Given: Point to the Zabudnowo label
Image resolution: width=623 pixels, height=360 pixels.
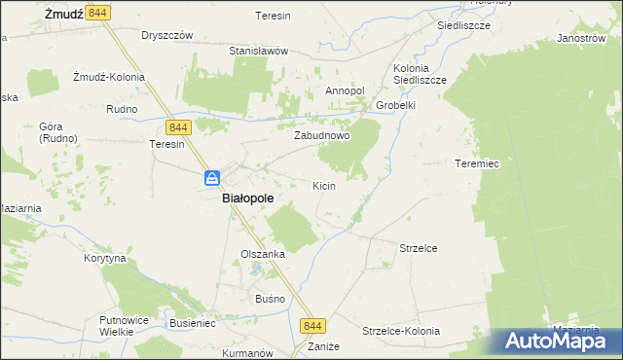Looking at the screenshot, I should tap(322, 136).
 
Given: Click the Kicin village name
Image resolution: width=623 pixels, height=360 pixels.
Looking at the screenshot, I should tap(324, 185).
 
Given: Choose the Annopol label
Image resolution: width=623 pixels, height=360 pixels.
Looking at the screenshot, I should tap(345, 91).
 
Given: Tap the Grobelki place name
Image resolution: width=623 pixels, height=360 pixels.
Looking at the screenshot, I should tap(396, 106).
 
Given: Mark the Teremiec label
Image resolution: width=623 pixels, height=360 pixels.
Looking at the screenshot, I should tap(477, 164).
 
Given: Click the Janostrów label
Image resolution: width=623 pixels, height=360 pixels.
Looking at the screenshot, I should tap(575, 39).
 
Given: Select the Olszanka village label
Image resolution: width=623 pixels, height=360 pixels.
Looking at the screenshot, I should tap(263, 254).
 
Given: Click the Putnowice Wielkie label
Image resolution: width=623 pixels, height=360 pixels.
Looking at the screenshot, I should tap(122, 325).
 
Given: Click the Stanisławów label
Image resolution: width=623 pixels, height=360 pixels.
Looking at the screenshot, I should tap(259, 51).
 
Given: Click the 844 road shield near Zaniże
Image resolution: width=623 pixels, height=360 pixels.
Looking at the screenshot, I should tap(311, 327).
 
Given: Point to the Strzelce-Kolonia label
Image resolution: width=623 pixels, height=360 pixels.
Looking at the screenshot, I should tap(402, 331).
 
